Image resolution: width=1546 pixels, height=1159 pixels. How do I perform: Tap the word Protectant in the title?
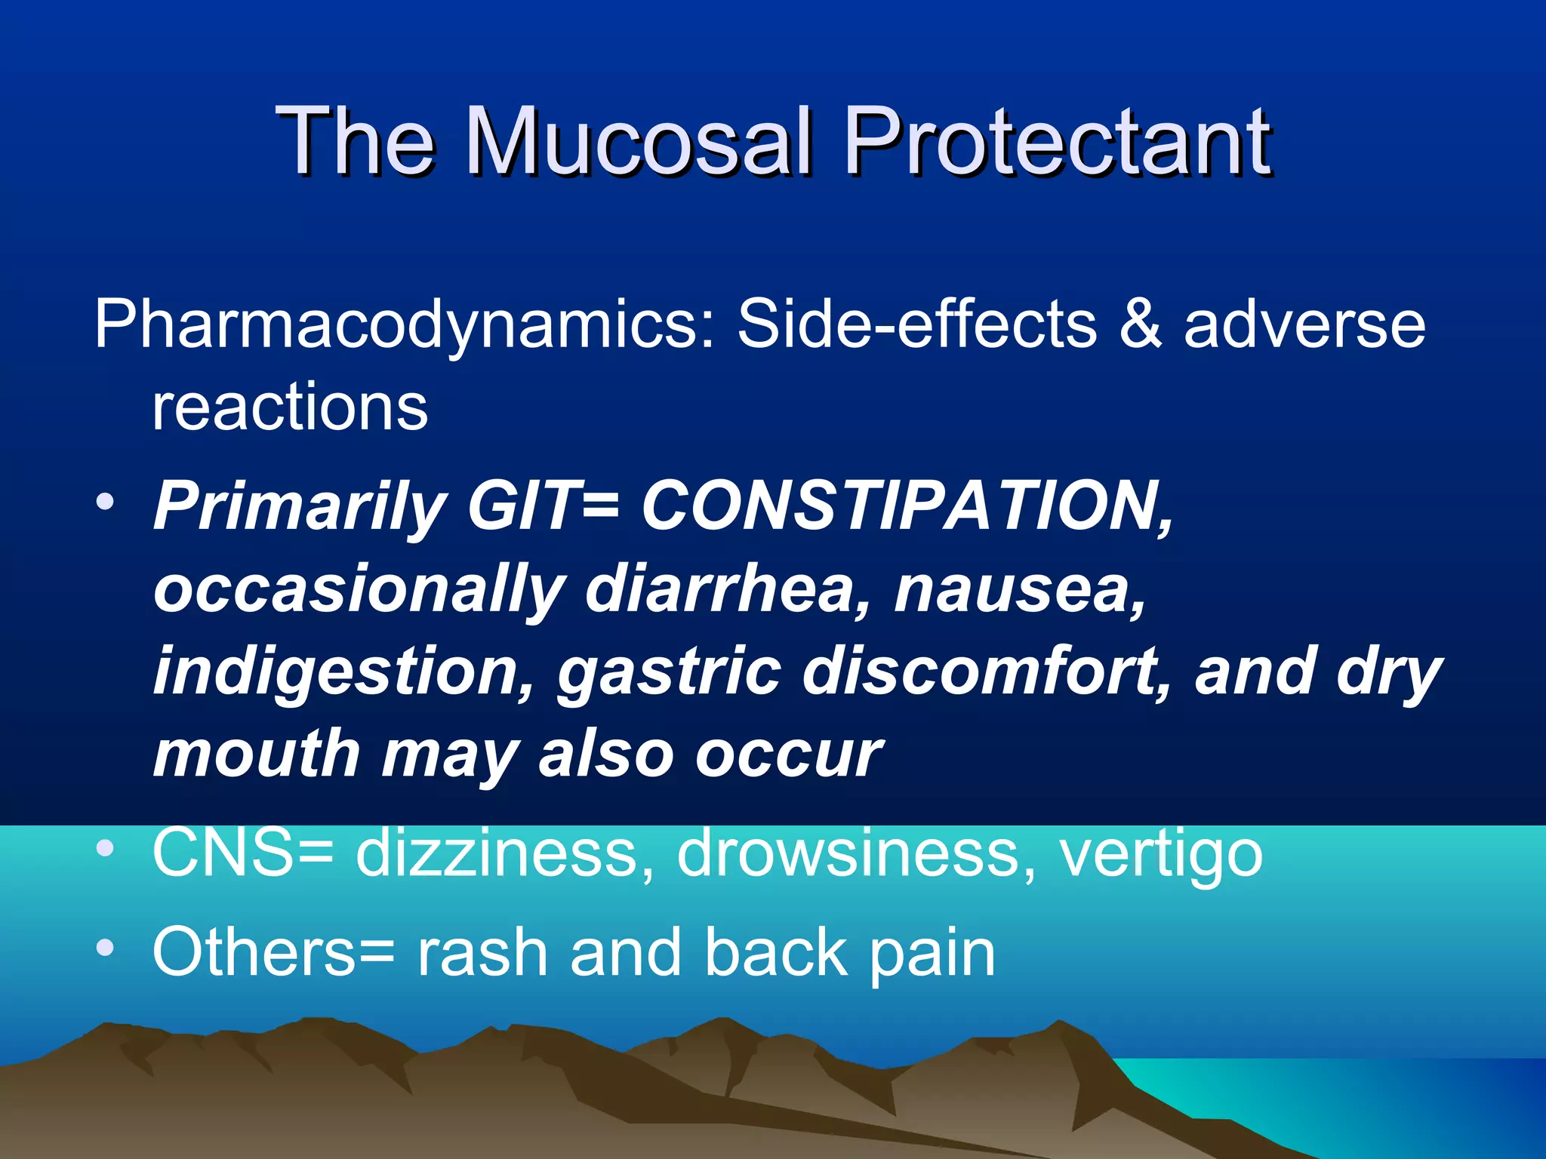click(x=1058, y=141)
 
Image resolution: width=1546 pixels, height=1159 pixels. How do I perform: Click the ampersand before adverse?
click(x=1141, y=324)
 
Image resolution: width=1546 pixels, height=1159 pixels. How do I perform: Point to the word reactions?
click(x=290, y=407)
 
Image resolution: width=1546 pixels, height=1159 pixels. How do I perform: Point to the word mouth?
click(x=257, y=755)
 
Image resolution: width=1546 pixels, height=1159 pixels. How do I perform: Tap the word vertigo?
click(x=1162, y=853)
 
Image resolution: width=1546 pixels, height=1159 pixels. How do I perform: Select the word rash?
click(x=482, y=952)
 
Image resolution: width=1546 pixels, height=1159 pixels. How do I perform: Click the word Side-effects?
click(x=917, y=324)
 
